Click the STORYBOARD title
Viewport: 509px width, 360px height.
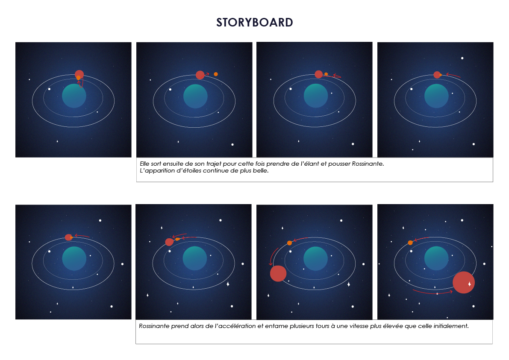click(255, 22)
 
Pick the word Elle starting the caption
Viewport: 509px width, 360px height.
click(144, 164)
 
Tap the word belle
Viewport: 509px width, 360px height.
click(261, 170)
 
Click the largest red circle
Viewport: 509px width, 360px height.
click(464, 282)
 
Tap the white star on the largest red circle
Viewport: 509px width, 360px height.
click(469, 284)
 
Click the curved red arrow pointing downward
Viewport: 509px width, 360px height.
click(272, 255)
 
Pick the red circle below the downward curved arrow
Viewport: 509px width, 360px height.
click(278, 273)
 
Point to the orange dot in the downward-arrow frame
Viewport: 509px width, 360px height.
click(290, 243)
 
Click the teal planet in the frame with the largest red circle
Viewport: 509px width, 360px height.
click(436, 258)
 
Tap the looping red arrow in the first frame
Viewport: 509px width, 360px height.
click(80, 83)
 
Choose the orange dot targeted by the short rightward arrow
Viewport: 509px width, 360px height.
click(215, 74)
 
